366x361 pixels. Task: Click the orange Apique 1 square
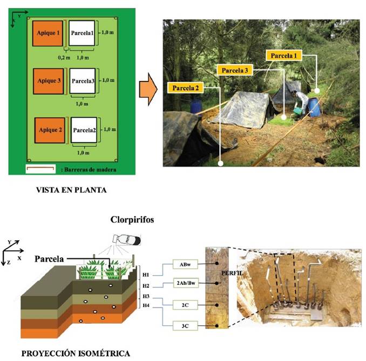pos(48,33)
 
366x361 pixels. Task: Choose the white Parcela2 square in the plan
pos(84,130)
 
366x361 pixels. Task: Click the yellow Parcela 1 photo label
pos(284,56)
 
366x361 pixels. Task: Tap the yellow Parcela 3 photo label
pos(235,70)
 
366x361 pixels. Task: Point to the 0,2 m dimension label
pos(64,57)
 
